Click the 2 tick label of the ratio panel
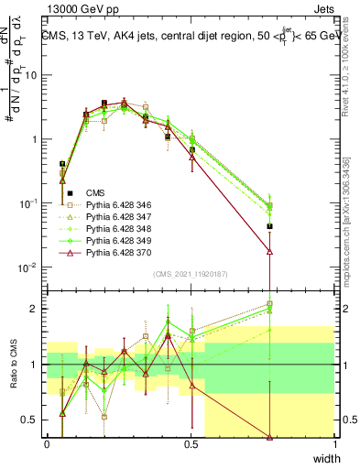pos(37,309)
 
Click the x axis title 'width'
pos(326,458)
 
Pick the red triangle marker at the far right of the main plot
pos(269,251)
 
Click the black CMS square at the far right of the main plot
pos(269,226)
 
